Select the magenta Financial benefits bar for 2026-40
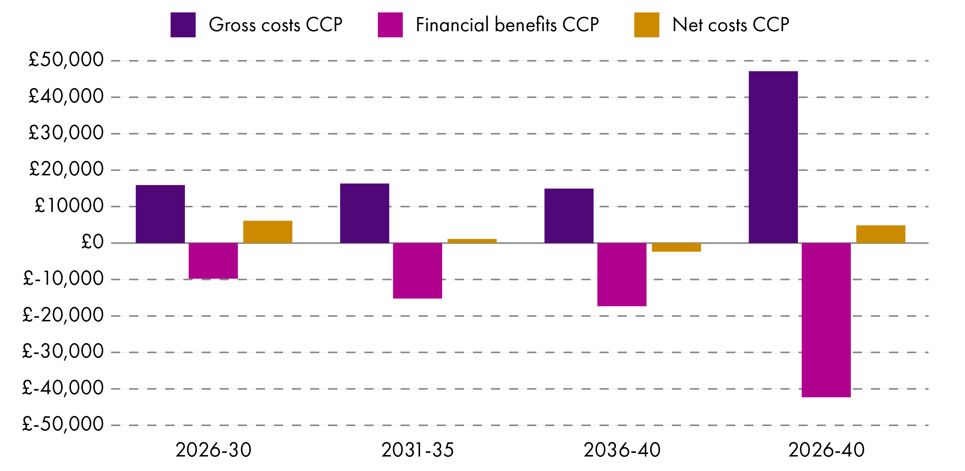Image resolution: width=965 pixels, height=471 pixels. point(826,320)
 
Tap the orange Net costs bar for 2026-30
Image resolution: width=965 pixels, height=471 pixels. point(267,232)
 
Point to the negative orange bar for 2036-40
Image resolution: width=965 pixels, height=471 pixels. point(676,247)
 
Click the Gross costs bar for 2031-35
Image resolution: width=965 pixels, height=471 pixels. point(364,213)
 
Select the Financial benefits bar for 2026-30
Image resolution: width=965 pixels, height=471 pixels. point(213,260)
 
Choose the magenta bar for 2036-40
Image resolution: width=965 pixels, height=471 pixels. point(622,274)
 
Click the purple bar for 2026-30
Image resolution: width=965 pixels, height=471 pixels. point(160,214)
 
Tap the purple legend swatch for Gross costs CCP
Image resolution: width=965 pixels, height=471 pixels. point(183,25)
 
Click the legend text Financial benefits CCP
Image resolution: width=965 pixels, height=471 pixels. point(507,25)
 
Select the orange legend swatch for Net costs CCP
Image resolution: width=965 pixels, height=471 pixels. point(646,25)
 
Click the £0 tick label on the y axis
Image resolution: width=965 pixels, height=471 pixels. point(92,242)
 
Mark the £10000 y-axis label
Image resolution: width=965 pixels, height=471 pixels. point(69,205)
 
